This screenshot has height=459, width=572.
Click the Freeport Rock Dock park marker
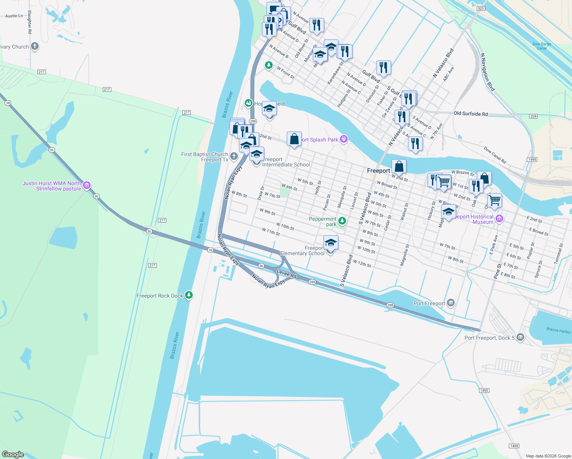pyautogui.click(x=188, y=295)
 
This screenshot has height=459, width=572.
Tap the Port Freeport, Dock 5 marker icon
pyautogui.click(x=520, y=337)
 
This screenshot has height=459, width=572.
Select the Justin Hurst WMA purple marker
pyautogui.click(x=87, y=186)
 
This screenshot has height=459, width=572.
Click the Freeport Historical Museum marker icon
pyautogui.click(x=499, y=219)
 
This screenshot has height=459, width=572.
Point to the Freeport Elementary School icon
pyautogui.click(x=331, y=243)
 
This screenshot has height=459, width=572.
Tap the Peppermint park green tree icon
pyautogui.click(x=342, y=221)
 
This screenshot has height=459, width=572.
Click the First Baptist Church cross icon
pyautogui.click(x=234, y=156)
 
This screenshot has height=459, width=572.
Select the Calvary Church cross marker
pyautogui.click(x=35, y=47)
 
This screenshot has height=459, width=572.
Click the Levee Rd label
pyautogui.click(x=286, y=273)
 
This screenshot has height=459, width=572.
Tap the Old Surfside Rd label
pyautogui.click(x=471, y=114)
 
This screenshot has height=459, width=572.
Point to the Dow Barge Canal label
pyautogui.click(x=542, y=46)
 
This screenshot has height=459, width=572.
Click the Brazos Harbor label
pyautogui.click(x=558, y=330)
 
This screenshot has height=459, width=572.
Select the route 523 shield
pyautogui.click(x=481, y=8)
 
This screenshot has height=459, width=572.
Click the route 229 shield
pyautogui.click(x=534, y=116)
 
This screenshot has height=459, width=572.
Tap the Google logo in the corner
pyautogui.click(x=13, y=454)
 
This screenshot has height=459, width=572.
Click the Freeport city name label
pyautogui.click(x=379, y=171)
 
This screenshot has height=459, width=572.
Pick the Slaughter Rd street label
pyautogui.click(x=30, y=22)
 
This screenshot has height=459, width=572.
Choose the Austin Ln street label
pyautogui.click(x=14, y=16)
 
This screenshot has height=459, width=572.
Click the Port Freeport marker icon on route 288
pyautogui.click(x=451, y=303)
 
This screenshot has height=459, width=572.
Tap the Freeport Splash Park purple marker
pyautogui.click(x=344, y=139)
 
